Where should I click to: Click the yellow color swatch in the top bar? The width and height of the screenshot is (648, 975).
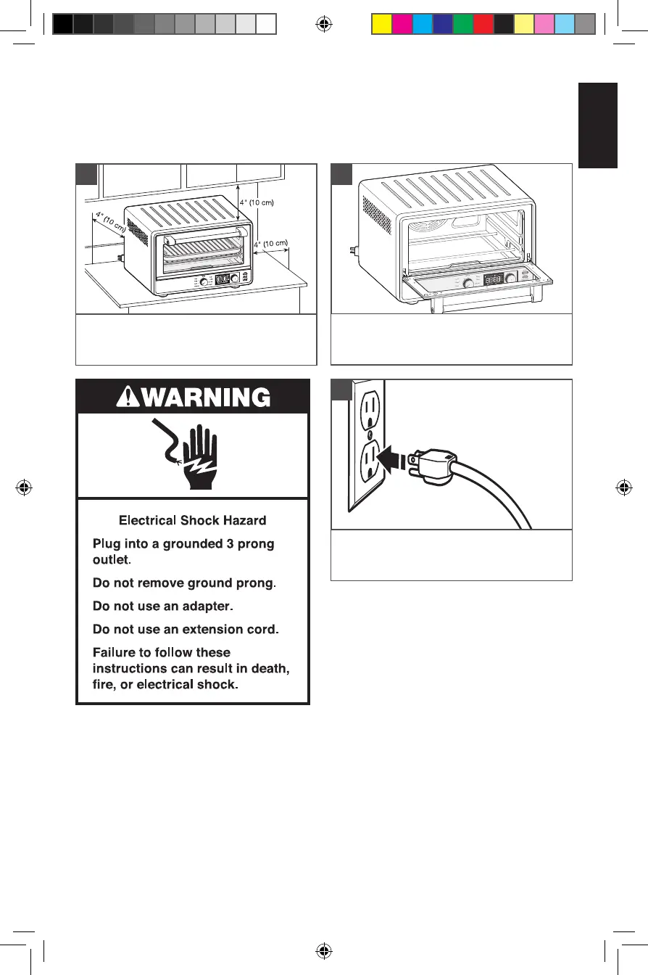click(381, 25)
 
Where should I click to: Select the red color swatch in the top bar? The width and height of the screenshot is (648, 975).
click(483, 25)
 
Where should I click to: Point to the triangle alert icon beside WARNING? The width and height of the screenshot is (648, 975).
click(128, 397)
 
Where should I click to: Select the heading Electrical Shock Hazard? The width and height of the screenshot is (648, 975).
click(192, 520)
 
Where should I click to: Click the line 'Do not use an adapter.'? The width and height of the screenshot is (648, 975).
click(166, 606)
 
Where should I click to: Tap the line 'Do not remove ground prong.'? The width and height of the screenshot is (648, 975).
click(186, 582)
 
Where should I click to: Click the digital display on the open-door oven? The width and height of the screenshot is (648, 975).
click(494, 279)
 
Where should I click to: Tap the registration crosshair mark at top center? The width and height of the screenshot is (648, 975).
click(324, 25)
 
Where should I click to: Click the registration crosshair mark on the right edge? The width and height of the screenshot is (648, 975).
click(623, 487)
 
